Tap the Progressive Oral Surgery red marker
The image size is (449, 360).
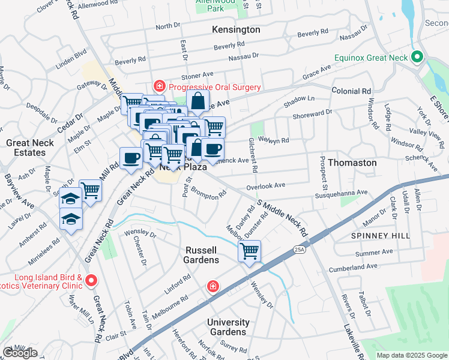[x=159, y=86]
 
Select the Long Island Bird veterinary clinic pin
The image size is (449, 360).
[x=91, y=280]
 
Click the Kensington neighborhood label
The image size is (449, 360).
[x=236, y=29]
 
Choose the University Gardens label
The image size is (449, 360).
[x=228, y=327]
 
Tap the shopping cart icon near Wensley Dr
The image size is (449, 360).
[x=249, y=251]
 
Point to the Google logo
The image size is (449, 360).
[x=20, y=353]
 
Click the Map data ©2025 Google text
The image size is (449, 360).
[x=411, y=355]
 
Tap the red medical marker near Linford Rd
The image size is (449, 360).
[x=212, y=287]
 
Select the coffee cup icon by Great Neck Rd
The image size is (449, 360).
[x=131, y=158]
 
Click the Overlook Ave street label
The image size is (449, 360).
[x=265, y=187]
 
